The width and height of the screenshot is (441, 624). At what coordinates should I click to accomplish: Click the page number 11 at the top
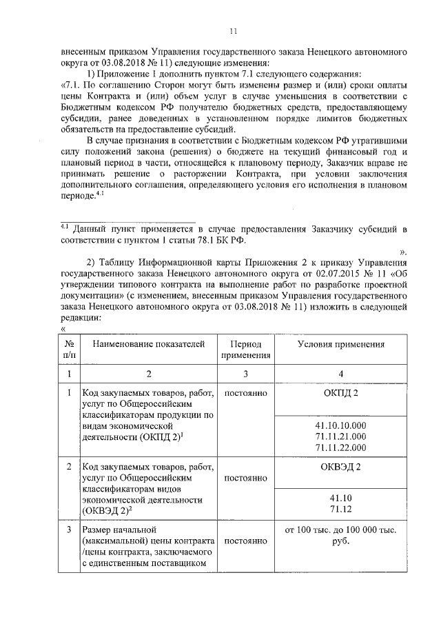pyautogui.click(x=233, y=31)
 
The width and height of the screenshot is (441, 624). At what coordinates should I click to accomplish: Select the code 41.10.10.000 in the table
pyautogui.click(x=340, y=425)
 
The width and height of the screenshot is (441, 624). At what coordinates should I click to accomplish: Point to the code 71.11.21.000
pyautogui.click(x=340, y=436)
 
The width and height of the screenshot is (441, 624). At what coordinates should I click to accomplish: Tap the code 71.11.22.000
pyautogui.click(x=340, y=447)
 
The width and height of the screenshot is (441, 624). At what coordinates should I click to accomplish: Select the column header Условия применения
pyautogui.click(x=340, y=343)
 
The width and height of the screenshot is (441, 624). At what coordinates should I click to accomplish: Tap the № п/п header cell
pyautogui.click(x=69, y=349)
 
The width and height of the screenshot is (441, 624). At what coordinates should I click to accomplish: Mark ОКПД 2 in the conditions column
pyautogui.click(x=340, y=392)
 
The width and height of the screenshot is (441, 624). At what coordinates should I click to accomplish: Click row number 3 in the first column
pyautogui.click(x=69, y=530)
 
